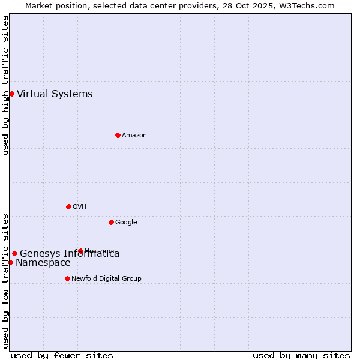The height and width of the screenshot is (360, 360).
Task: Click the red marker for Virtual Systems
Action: click(x=11, y=94)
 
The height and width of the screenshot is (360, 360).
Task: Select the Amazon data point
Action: click(x=118, y=135)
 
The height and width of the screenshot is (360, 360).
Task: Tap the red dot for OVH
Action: click(x=68, y=206)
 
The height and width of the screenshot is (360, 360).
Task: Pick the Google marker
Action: click(x=111, y=222)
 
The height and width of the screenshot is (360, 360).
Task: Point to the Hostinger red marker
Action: click(x=80, y=251)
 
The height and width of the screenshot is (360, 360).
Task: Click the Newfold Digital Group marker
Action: click(x=67, y=278)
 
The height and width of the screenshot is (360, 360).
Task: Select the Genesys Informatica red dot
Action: click(x=14, y=253)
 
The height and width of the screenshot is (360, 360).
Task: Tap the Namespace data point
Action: click(x=10, y=262)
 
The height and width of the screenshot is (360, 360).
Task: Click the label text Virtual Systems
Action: click(x=55, y=94)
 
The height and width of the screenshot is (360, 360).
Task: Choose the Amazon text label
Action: click(x=134, y=135)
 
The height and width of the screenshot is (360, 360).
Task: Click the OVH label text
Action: click(x=80, y=206)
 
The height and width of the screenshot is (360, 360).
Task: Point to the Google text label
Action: click(x=126, y=222)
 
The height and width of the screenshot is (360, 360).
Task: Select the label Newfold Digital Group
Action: click(x=106, y=278)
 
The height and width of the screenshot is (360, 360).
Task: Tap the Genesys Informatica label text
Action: click(x=70, y=254)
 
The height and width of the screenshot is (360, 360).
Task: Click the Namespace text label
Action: click(x=43, y=263)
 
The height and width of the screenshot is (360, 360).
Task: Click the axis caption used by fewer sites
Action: click(x=62, y=355)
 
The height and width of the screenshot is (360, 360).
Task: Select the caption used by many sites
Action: click(x=301, y=355)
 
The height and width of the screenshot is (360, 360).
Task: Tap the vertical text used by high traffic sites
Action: click(x=5, y=85)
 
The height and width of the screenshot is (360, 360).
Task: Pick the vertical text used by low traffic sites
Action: click(x=5, y=281)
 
